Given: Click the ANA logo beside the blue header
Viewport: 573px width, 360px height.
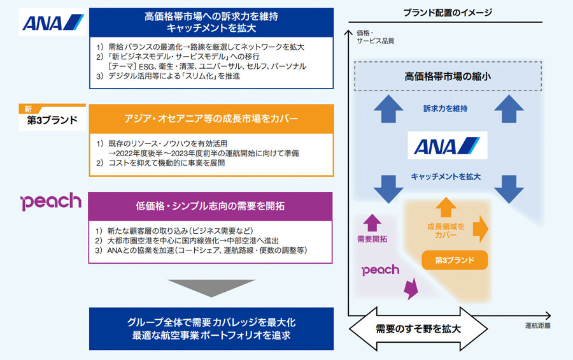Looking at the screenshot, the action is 53,22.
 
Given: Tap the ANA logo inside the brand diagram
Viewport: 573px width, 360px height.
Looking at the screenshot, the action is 448,145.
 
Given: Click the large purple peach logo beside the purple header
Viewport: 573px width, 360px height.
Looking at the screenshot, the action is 51,201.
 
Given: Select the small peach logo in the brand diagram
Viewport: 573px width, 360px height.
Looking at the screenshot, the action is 381,270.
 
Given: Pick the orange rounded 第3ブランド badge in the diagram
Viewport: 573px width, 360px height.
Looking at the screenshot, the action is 455,260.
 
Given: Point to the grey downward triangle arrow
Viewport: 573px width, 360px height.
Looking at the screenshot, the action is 211,288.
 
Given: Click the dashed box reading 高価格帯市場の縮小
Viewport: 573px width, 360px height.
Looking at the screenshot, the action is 448,76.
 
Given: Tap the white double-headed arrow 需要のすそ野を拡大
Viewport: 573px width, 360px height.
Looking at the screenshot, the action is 418,329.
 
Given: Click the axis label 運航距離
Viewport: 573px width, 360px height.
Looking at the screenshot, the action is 537,326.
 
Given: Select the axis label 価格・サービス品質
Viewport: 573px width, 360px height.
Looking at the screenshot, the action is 375,37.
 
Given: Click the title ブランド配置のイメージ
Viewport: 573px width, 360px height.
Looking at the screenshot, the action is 448,13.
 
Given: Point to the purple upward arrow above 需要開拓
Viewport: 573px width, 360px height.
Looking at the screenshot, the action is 372,223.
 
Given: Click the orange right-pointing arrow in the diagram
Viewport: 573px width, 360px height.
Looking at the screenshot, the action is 481,229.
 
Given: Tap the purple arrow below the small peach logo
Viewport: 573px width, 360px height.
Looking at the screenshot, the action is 411,288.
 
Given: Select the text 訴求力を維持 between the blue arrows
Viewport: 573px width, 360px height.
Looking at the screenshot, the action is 446,109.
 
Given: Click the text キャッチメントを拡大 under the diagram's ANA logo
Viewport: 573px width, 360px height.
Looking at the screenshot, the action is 446,176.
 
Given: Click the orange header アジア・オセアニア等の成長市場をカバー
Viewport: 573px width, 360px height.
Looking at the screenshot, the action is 211,119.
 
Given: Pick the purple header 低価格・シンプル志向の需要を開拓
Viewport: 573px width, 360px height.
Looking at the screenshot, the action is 210,206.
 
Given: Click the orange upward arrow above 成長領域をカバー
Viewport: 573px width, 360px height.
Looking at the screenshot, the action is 446,207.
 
